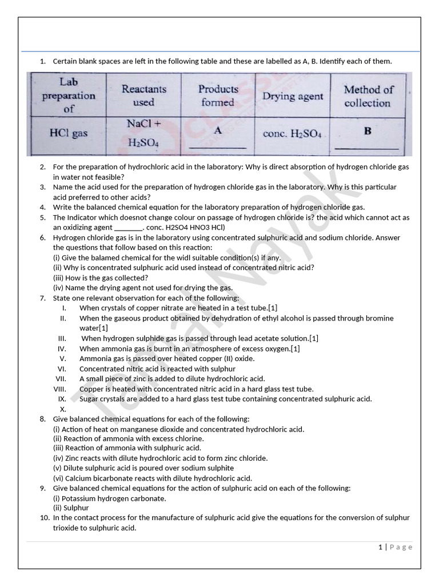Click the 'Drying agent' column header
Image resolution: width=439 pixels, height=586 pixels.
click(x=293, y=96)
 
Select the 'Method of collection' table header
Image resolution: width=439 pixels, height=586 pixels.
click(x=368, y=96)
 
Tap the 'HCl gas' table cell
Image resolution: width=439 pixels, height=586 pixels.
click(x=68, y=133)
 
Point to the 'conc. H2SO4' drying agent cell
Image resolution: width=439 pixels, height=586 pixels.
click(x=293, y=134)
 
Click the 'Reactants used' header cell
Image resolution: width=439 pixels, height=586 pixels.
click(x=143, y=96)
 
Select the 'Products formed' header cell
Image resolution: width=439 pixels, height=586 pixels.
click(x=218, y=96)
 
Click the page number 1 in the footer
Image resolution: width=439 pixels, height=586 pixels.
click(x=380, y=547)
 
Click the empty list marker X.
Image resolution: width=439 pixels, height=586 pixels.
click(x=63, y=409)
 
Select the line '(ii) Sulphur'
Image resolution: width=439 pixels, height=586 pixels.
click(x=71, y=508)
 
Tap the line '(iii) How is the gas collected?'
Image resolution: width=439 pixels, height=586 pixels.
click(x=100, y=278)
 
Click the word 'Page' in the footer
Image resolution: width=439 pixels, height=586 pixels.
click(x=401, y=547)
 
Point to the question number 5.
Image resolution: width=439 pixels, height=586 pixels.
click(x=43, y=217)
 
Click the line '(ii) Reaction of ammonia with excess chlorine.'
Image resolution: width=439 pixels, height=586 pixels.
click(x=129, y=438)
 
